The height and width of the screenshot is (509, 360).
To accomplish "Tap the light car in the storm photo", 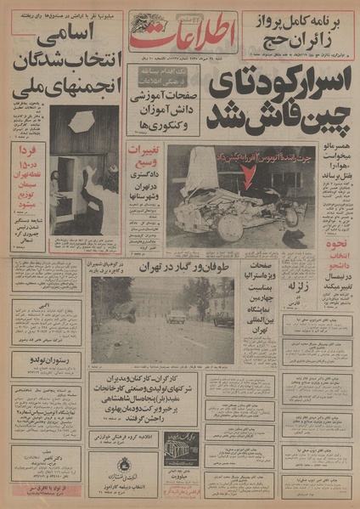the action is click(176, 316).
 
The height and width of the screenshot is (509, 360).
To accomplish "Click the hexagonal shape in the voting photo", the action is click(82, 122).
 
